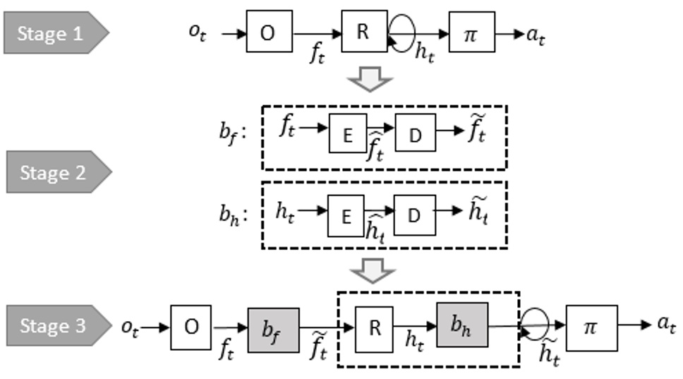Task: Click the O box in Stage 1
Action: pos(269,32)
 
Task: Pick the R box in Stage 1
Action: pos(364,32)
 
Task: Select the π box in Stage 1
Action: pos(471,32)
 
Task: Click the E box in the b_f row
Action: pos(348,135)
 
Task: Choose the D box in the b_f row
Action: pos(415,135)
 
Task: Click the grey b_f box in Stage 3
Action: pos(273,327)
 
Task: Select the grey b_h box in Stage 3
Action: pos(462,325)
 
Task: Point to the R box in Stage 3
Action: pos(374,327)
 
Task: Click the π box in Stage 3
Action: pos(591,325)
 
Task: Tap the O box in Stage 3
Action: pos(191,327)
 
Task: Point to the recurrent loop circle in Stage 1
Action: pos(401,32)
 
